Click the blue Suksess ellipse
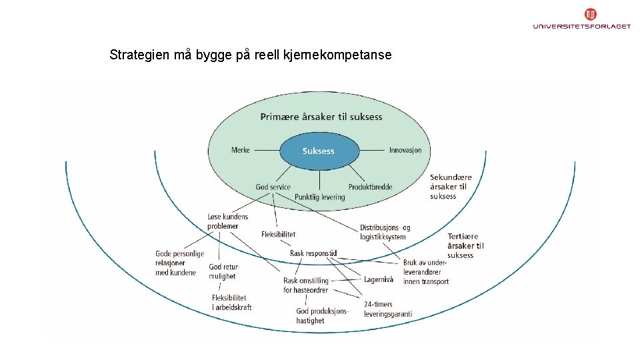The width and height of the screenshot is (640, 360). [x=319, y=151]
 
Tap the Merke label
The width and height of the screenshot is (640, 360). [x=241, y=150]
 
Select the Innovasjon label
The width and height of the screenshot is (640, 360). [x=405, y=150]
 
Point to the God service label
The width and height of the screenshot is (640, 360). [x=273, y=187]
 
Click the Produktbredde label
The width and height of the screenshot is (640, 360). [x=370, y=187]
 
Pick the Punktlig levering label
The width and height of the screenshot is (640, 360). [x=320, y=197]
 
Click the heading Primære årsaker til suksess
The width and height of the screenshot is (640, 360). [x=321, y=117]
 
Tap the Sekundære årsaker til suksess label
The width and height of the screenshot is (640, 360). [x=451, y=187]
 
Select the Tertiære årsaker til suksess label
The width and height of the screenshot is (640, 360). [x=465, y=245]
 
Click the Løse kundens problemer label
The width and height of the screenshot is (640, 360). [x=227, y=221]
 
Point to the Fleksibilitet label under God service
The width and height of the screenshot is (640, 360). [x=279, y=234]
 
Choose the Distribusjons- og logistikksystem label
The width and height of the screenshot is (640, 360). [x=385, y=232]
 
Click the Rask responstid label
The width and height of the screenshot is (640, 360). [x=313, y=253]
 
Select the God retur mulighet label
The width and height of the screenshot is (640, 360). [x=223, y=271]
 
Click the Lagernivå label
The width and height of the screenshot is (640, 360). [x=379, y=279]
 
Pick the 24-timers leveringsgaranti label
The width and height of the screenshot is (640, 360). [x=387, y=309]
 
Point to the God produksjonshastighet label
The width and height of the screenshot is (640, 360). [x=322, y=315]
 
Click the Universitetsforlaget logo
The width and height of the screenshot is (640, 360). [x=581, y=19]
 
